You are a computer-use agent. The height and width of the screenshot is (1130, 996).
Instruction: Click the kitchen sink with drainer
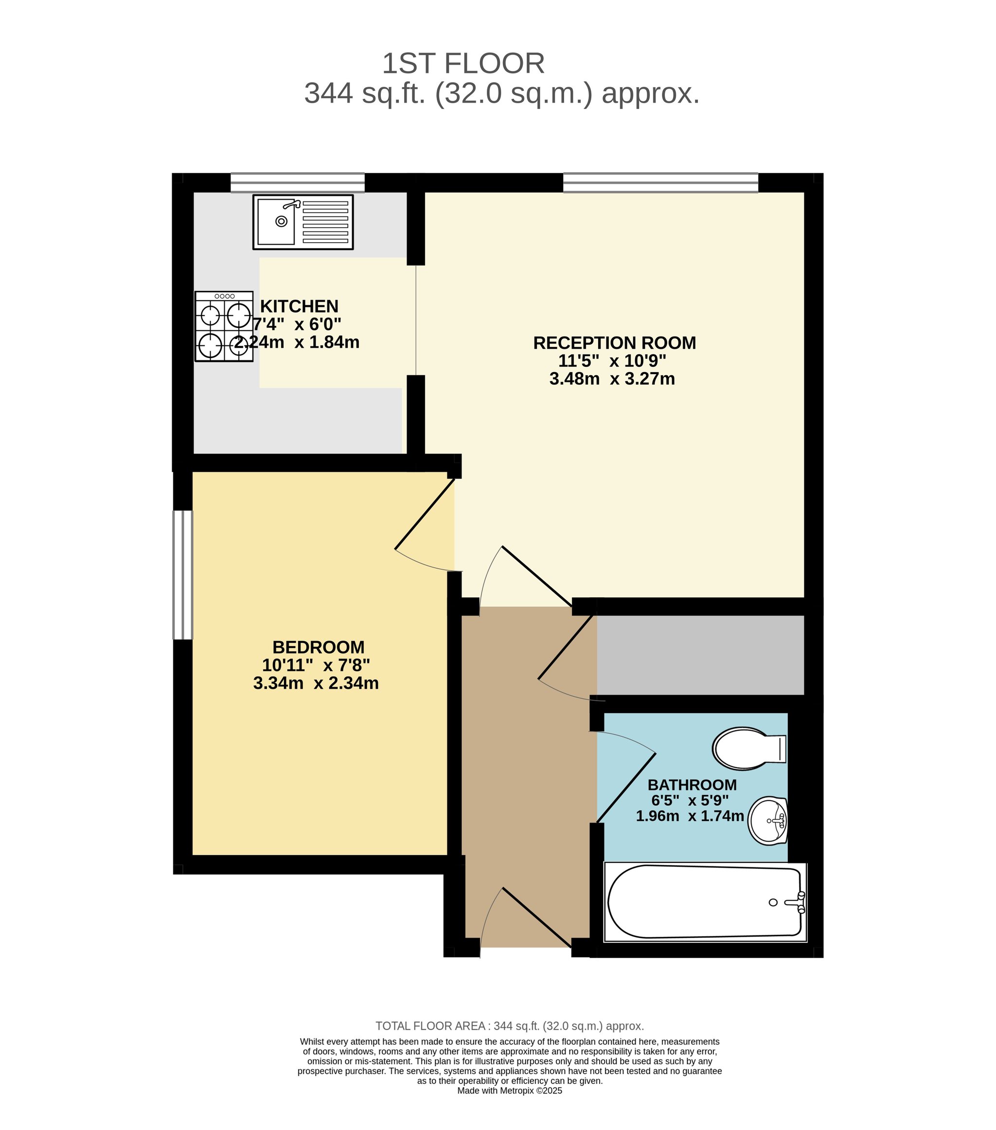tap(303, 222)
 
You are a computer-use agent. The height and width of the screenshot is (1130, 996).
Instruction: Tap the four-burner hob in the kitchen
tap(224, 326)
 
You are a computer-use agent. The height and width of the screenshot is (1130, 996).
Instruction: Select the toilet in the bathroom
tap(749, 749)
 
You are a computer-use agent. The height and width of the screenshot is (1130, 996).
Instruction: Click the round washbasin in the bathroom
tap(768, 821)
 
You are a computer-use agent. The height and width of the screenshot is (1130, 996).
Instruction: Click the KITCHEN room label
tap(299, 306)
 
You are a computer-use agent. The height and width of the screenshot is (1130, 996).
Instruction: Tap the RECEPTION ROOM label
tap(614, 343)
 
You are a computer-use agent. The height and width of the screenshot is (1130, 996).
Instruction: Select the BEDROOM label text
tap(319, 647)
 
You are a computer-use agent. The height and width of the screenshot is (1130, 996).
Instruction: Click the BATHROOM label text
tap(692, 785)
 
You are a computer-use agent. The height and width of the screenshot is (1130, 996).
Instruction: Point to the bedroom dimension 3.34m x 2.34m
tap(316, 683)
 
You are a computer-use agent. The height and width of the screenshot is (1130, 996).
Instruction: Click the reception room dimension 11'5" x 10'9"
tap(612, 361)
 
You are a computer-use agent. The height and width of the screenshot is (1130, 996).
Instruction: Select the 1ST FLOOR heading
tap(463, 64)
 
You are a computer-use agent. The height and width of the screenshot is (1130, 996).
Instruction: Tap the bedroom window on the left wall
tap(183, 575)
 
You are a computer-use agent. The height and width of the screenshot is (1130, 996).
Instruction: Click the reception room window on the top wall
tap(660, 182)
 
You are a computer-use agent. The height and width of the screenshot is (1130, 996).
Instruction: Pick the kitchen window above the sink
tap(297, 182)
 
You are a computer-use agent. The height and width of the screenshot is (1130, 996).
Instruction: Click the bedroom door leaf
tap(425, 514)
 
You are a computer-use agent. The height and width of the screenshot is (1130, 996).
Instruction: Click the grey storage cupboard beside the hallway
tap(700, 655)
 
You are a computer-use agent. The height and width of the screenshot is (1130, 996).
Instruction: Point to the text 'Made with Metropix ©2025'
tap(510, 1091)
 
